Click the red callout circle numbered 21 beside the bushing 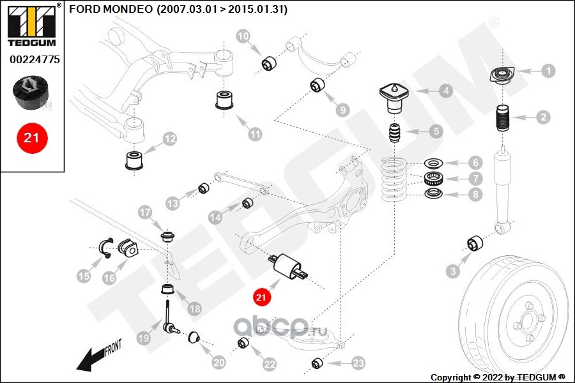point(260,296)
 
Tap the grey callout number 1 point(548,71)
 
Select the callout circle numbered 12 point(169,138)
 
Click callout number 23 point(358,363)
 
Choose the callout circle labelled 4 point(445,91)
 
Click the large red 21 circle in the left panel point(31,137)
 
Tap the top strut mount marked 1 point(503,77)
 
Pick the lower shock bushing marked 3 point(475,244)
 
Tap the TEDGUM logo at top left point(31,24)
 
